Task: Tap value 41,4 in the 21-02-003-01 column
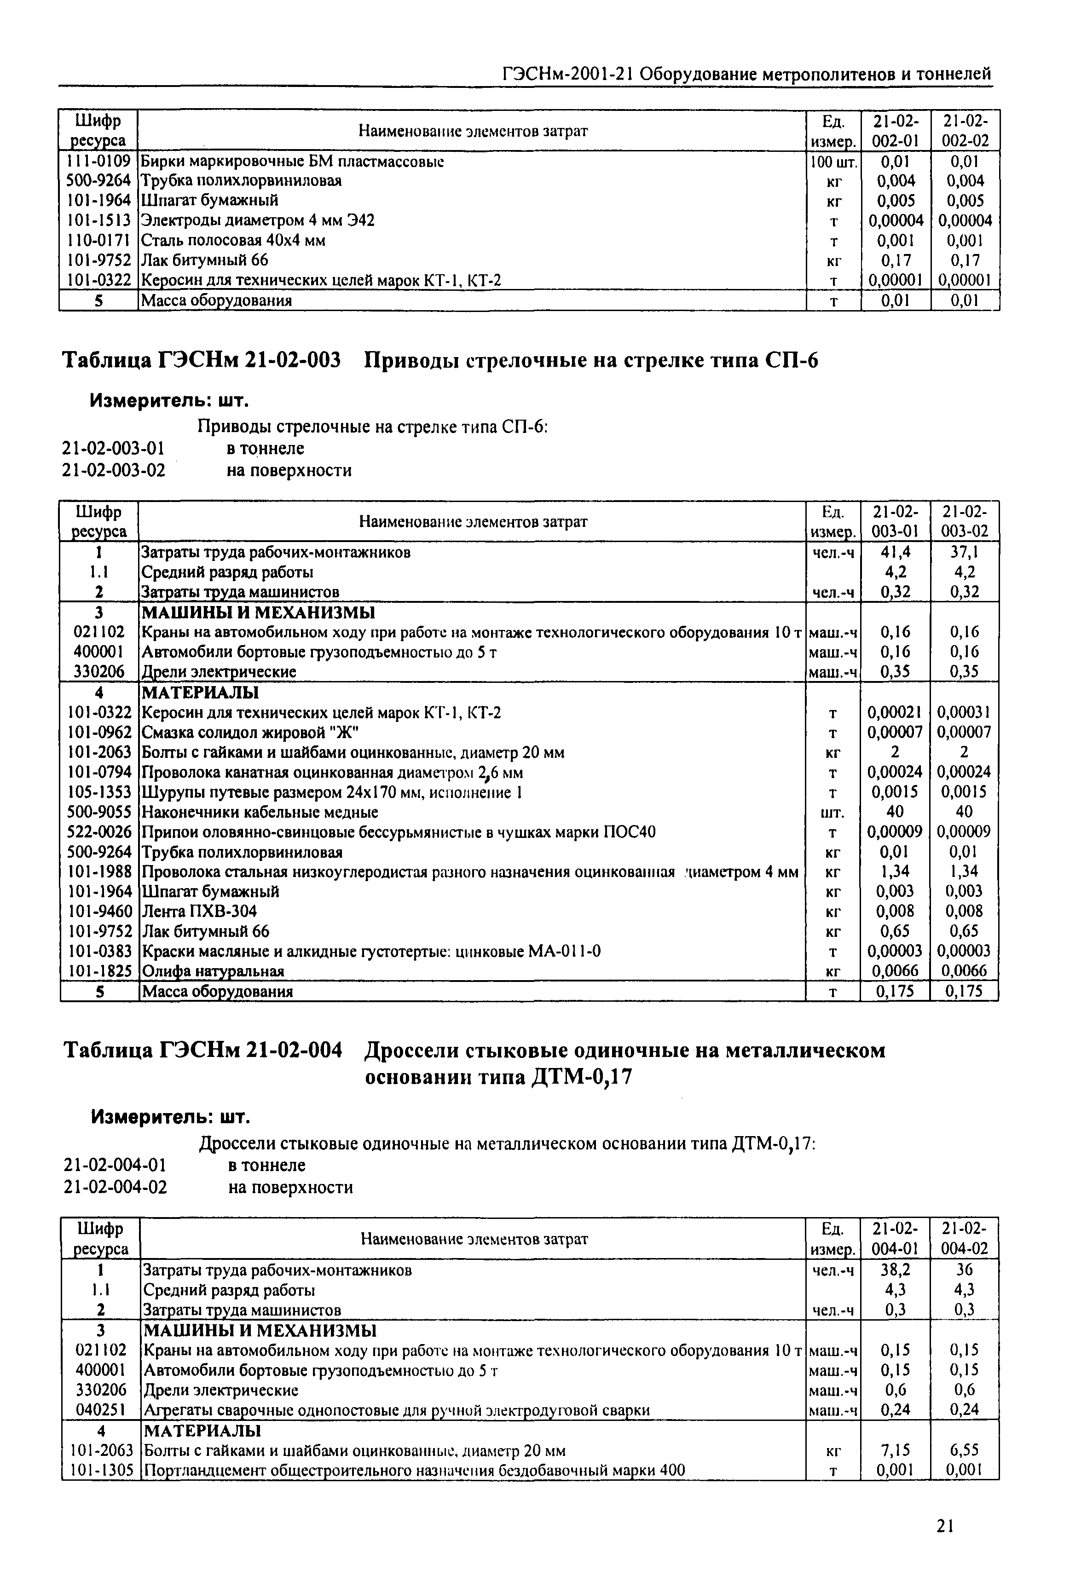point(895,552)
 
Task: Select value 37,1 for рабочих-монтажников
point(965,552)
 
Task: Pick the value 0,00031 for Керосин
point(965,713)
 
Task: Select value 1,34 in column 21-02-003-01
point(895,872)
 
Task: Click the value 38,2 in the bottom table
point(895,1270)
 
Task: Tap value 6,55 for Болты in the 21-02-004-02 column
point(965,1451)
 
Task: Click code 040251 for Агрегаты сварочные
point(100,1410)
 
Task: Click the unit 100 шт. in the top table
point(833,162)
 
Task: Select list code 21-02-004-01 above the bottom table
point(115,1165)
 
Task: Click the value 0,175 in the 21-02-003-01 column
point(895,992)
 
